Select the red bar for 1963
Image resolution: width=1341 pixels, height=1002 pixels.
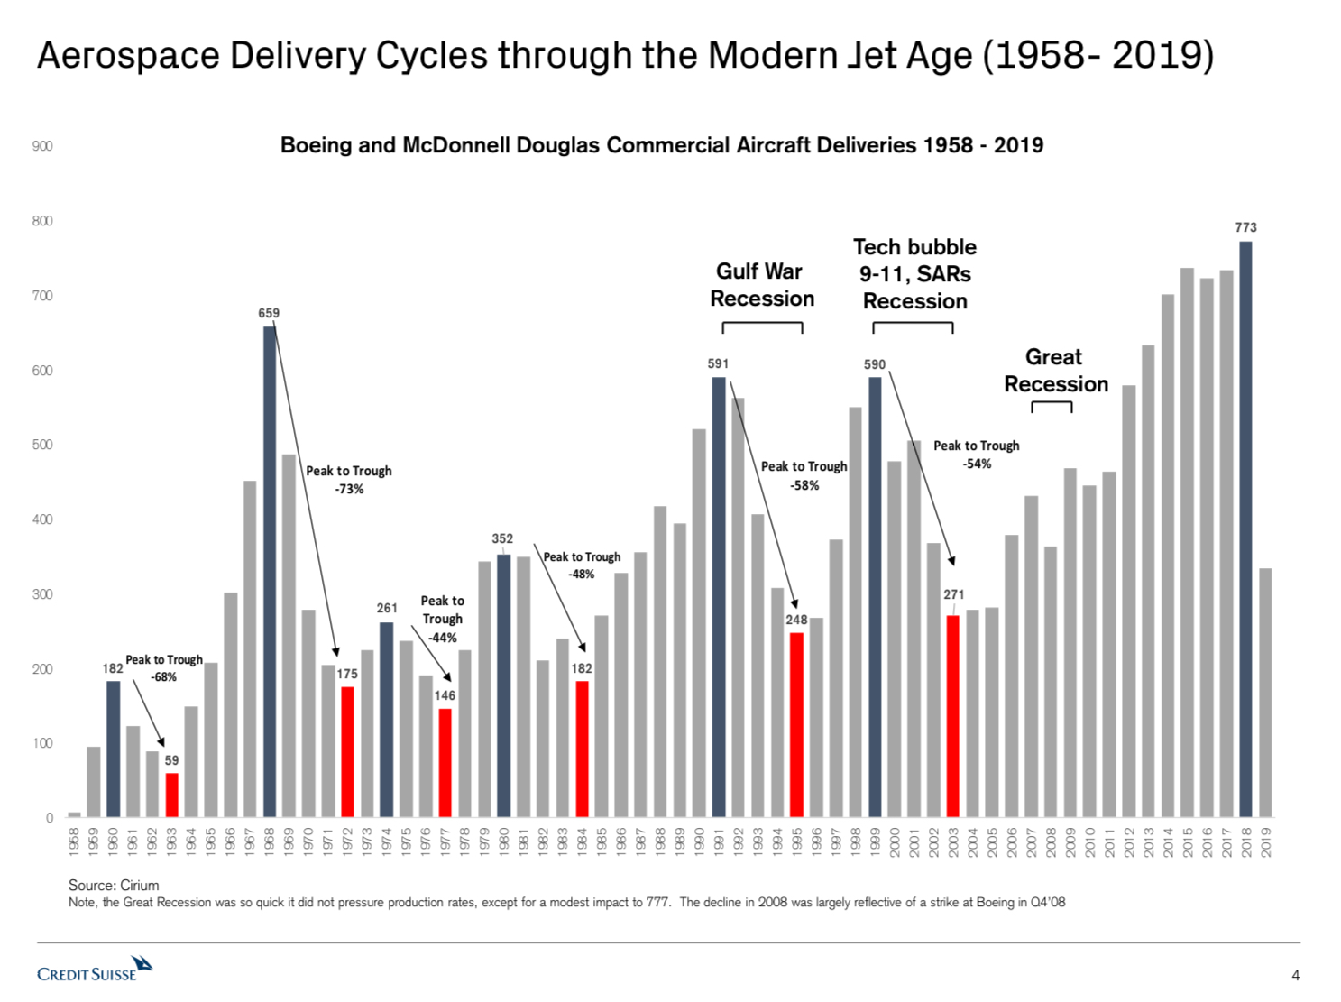pyautogui.click(x=171, y=795)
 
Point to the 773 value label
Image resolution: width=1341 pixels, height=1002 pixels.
pyautogui.click(x=1245, y=227)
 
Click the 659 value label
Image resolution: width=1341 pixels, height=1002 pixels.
pyautogui.click(x=269, y=313)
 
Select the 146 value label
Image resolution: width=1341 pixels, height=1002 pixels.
pyautogui.click(x=445, y=695)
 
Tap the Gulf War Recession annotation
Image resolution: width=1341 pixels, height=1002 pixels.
pyautogui.click(x=762, y=285)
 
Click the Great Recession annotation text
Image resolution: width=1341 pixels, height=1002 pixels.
pyautogui.click(x=1055, y=371)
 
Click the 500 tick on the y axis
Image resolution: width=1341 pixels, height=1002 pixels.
pyautogui.click(x=42, y=445)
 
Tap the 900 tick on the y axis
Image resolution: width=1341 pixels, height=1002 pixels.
pyautogui.click(x=42, y=146)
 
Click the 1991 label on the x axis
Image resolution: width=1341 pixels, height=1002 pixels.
pyautogui.click(x=719, y=841)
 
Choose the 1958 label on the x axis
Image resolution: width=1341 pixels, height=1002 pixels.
pyautogui.click(x=74, y=841)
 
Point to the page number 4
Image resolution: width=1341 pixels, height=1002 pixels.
pyautogui.click(x=1296, y=975)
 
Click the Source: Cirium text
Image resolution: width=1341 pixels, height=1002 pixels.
pyautogui.click(x=114, y=886)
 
